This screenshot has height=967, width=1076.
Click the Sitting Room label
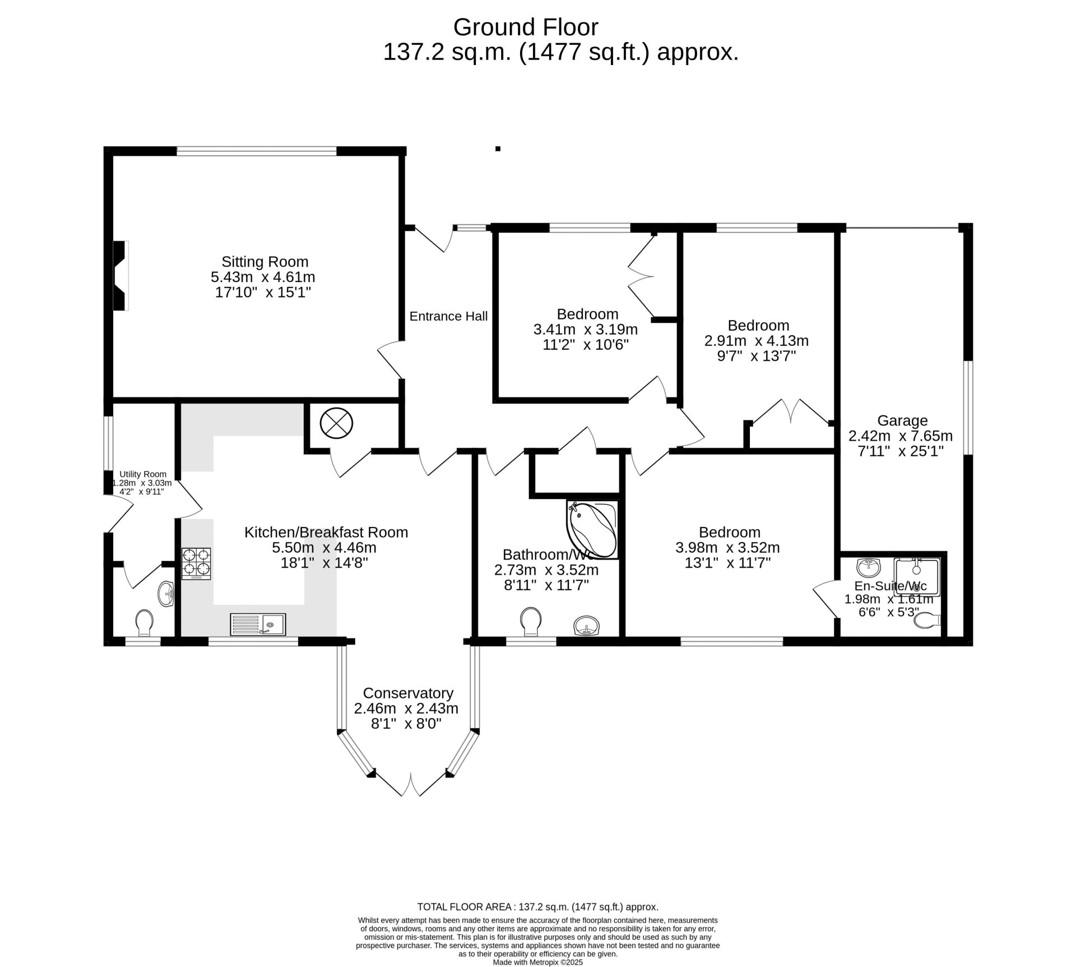265,262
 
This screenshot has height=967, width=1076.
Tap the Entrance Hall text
448,316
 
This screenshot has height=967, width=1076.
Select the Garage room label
902,420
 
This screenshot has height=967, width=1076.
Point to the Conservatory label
408,693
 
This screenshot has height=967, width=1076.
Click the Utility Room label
143,474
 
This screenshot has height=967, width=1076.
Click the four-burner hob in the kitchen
196,563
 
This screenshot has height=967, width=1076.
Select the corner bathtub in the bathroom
592,530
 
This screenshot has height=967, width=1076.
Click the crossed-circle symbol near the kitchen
336,423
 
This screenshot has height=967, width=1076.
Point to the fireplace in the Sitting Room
121,275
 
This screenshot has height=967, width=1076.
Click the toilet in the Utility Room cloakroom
145,623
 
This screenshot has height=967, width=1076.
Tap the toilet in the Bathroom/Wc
531,622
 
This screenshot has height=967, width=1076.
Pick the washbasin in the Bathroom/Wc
587,626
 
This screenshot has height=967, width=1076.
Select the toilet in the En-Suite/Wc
927,621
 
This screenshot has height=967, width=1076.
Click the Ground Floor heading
526,27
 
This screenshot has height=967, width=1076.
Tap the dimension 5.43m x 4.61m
263,277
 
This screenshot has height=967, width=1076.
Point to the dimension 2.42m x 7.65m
901,436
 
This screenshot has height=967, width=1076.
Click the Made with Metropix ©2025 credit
538,962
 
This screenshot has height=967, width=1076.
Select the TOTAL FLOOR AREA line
538,922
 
